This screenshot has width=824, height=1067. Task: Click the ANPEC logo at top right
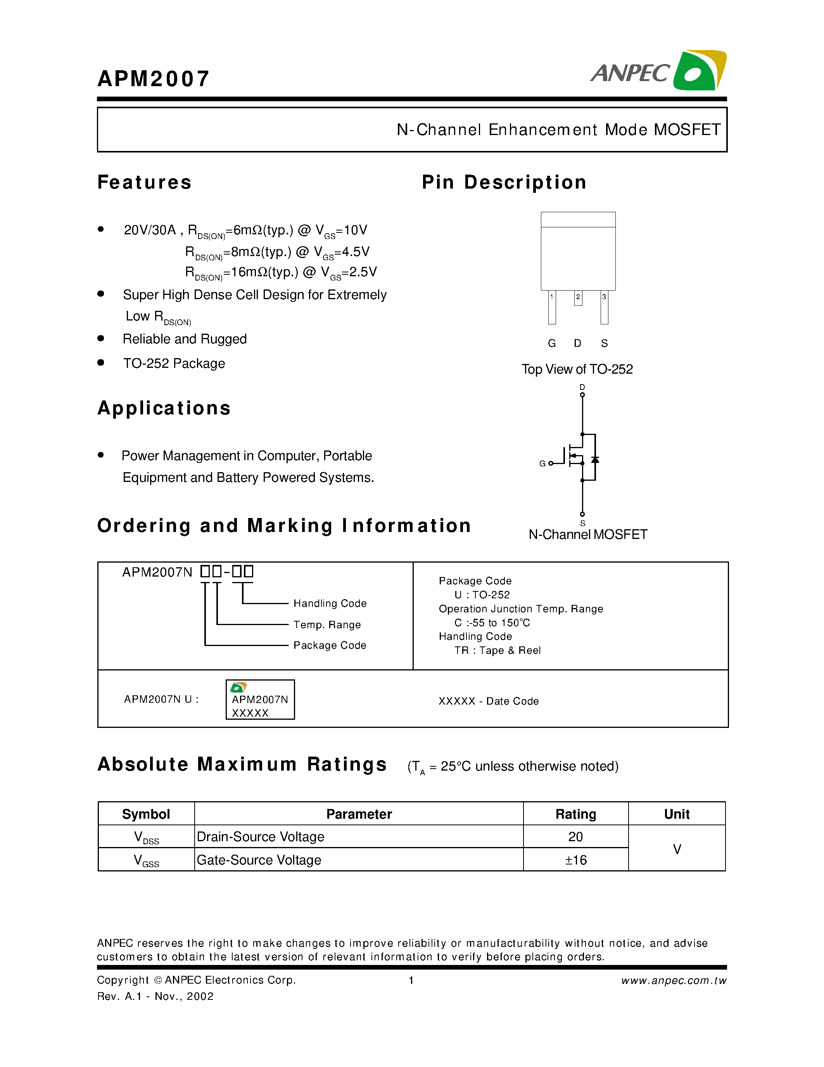[658, 71]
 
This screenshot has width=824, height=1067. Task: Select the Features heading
[145, 182]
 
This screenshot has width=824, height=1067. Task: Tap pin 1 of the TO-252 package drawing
[552, 307]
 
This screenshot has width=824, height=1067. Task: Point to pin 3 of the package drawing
[605, 307]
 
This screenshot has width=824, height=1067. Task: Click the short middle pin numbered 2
[578, 298]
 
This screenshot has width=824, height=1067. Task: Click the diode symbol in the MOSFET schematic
[595, 460]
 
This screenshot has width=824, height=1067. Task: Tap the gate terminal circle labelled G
[551, 463]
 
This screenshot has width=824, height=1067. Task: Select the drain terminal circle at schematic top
[582, 395]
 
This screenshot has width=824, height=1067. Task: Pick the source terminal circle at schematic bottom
[582, 514]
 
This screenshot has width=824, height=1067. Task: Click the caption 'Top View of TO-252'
[577, 369]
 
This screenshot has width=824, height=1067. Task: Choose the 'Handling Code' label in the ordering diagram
[330, 603]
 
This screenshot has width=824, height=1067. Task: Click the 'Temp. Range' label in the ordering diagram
[327, 625]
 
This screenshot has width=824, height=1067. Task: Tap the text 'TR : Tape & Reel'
[498, 650]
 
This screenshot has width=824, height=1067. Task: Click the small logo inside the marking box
[238, 688]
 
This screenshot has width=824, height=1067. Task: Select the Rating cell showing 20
[575, 837]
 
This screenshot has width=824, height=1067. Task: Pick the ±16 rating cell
[575, 860]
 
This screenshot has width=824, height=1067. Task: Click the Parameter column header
[359, 814]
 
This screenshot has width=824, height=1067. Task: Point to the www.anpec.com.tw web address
[674, 980]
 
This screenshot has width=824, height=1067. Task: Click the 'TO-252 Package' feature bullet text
[174, 364]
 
